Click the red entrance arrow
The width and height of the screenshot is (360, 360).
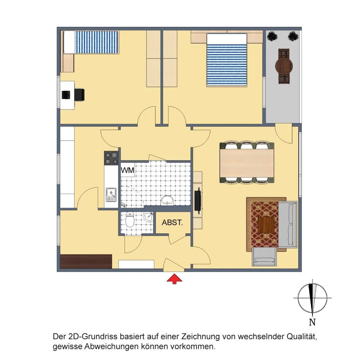pyautogui.click(x=174, y=279)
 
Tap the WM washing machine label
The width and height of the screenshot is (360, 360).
pyautogui.click(x=127, y=170)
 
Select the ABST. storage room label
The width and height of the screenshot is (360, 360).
pyautogui.click(x=172, y=222)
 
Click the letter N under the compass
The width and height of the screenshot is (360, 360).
pyautogui.click(x=312, y=322)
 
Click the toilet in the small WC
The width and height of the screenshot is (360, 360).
pyautogui.click(x=130, y=220)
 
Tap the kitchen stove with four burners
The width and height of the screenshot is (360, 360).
pyautogui.click(x=111, y=158)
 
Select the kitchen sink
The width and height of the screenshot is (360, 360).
pyautogui.click(x=111, y=195)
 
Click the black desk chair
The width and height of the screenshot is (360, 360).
pyautogui.click(x=79, y=95)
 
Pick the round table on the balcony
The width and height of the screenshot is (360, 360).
pyautogui.click(x=284, y=66)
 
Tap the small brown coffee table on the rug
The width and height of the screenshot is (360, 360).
pyautogui.click(x=266, y=225)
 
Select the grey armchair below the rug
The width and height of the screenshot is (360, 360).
pyautogui.click(x=264, y=256)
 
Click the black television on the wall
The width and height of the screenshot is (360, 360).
pyautogui.click(x=197, y=199)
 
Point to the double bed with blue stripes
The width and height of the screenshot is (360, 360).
pyautogui.click(x=227, y=60)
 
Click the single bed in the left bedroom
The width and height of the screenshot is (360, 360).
pyautogui.click(x=91, y=42)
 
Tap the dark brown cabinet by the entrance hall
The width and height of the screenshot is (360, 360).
pyautogui.click(x=86, y=261)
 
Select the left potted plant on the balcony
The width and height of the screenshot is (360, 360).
pyautogui.click(x=273, y=36)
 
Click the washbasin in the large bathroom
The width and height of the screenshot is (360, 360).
pyautogui.click(x=167, y=200)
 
